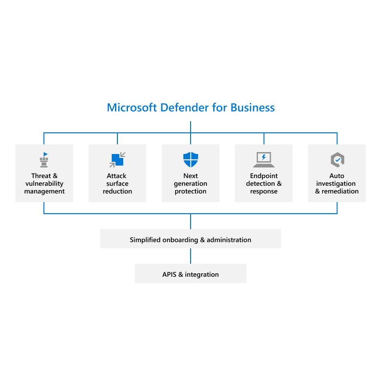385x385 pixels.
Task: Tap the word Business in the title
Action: coord(253,107)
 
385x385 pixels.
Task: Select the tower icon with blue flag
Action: coord(44,160)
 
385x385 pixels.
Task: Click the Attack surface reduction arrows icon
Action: coord(117,159)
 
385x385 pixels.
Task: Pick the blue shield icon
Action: coord(191,159)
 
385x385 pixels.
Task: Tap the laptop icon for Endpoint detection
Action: coord(264,159)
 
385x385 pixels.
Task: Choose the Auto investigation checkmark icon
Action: coord(337,160)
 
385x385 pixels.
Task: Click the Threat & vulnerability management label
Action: coord(44,183)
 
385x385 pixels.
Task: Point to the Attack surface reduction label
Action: coord(117,183)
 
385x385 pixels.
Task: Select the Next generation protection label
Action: coord(191,183)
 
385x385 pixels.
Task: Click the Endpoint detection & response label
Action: coord(264,183)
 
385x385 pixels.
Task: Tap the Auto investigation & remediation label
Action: coord(337,183)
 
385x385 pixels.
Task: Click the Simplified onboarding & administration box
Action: coord(191,239)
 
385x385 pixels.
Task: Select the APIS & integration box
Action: coord(191,274)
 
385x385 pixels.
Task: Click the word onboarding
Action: coord(180,240)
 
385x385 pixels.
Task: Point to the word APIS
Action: coord(170,274)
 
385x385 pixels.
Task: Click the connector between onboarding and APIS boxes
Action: coord(191,256)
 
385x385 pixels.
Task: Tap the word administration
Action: coord(229,240)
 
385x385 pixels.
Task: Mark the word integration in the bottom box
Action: coord(202,274)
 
